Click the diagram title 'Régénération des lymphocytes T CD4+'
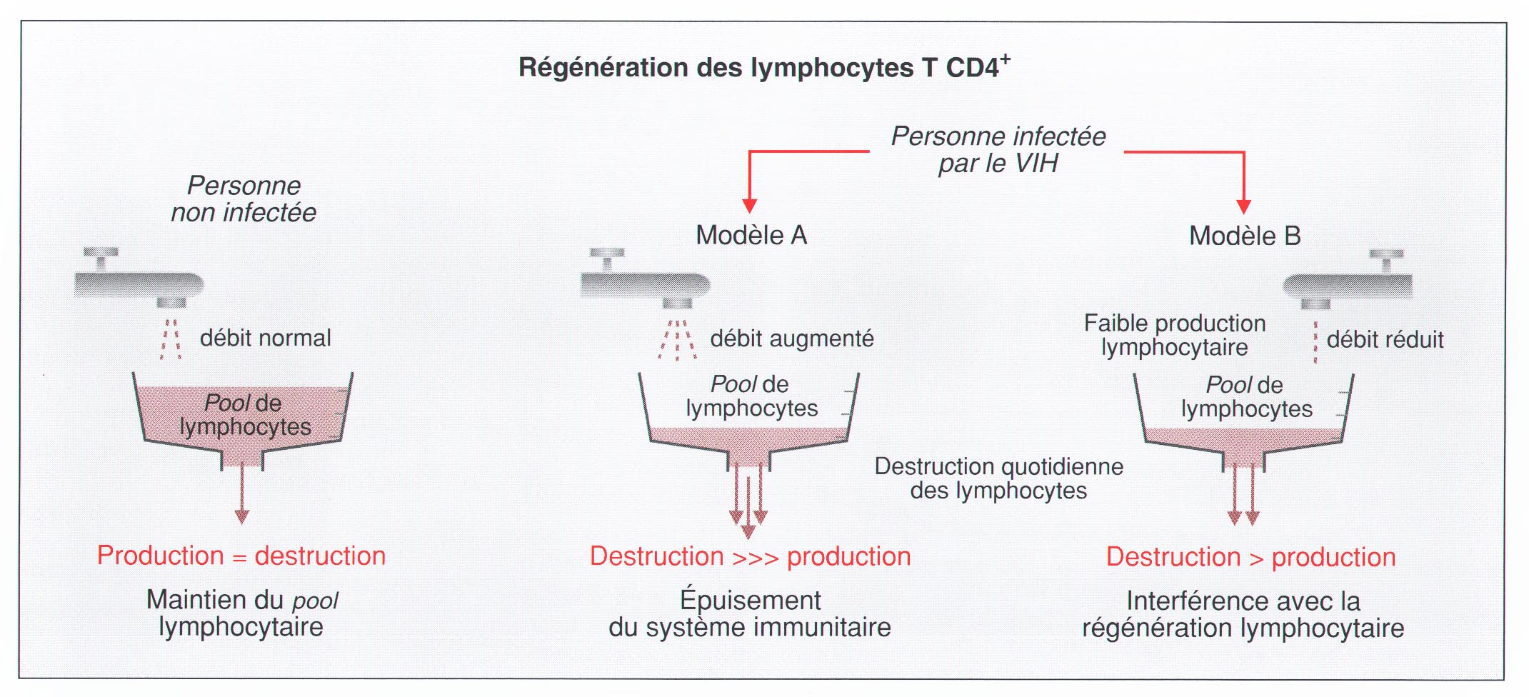pyautogui.click(x=763, y=67)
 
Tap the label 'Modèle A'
pyautogui.click(x=751, y=235)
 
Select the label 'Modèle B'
pyautogui.click(x=1245, y=236)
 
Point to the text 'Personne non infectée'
pyautogui.click(x=244, y=199)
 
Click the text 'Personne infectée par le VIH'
pyautogui.click(x=998, y=150)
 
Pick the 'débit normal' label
pyautogui.click(x=265, y=338)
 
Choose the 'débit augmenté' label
pyautogui.click(x=791, y=339)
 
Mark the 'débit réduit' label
pyautogui.click(x=1385, y=340)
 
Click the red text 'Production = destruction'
pyautogui.click(x=241, y=556)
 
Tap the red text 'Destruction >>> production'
pyautogui.click(x=750, y=557)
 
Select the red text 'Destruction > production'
pyautogui.click(x=1250, y=558)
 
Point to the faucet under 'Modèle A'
pyautogui.click(x=645, y=283)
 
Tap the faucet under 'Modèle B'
pyautogui.click(x=1348, y=284)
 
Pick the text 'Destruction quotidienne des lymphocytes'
pyautogui.click(x=998, y=478)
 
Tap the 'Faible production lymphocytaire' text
pyautogui.click(x=1174, y=335)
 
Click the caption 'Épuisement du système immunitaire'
pyautogui.click(x=750, y=613)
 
